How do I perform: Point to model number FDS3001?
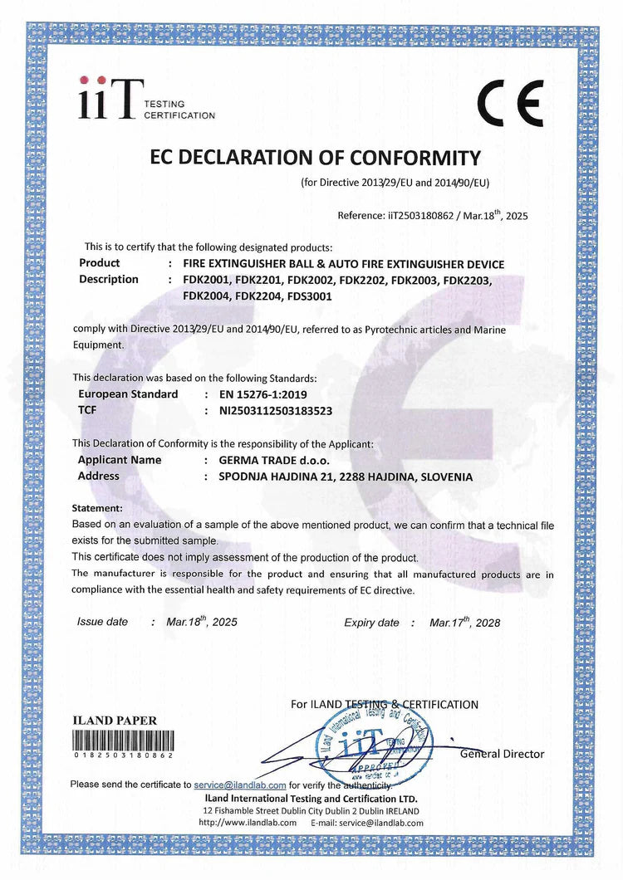pos(311,296)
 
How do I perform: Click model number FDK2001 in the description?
pos(205,280)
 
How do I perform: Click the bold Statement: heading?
pos(98,507)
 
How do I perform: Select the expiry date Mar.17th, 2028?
pos(465,622)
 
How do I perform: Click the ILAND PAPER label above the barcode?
pos(115,721)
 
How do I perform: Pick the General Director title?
pos(503,754)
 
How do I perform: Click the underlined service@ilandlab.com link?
pos(240,785)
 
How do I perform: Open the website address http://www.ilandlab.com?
pos(248,822)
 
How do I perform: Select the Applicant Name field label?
pos(120,460)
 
